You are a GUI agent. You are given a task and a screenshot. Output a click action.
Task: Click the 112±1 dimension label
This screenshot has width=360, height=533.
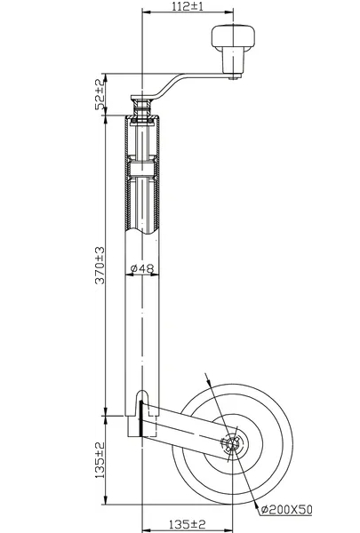tap(187, 6)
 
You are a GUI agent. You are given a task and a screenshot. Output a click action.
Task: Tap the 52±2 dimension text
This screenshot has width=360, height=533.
tap(99, 94)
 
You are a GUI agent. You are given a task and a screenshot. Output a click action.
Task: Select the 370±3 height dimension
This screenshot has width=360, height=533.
tap(100, 265)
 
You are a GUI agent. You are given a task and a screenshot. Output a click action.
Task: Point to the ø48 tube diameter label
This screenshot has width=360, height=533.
tap(142, 268)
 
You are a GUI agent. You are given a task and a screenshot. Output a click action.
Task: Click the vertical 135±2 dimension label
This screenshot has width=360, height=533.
tap(100, 460)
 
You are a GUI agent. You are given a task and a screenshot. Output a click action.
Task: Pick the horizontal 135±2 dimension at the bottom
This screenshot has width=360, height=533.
tap(188, 524)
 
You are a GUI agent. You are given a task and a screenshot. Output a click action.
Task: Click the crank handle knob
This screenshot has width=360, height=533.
tap(233, 36)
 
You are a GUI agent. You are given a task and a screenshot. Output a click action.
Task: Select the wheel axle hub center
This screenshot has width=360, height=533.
tap(233, 443)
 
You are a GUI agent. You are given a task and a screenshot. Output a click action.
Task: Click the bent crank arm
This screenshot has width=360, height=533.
tap(170, 87)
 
